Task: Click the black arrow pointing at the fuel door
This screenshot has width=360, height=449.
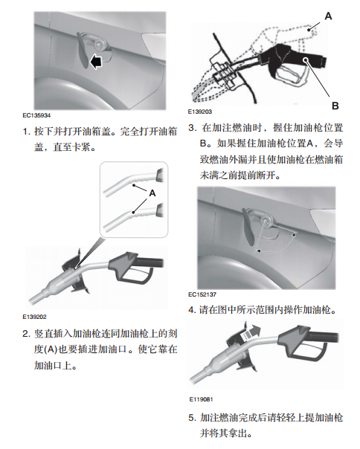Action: pos(96,62)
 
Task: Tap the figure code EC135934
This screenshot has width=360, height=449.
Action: pos(36,115)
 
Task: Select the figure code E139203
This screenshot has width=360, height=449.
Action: pos(200,112)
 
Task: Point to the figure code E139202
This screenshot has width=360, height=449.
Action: pos(34,317)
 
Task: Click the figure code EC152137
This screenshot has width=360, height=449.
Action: pos(202,294)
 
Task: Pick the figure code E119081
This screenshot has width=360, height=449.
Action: pos(201,399)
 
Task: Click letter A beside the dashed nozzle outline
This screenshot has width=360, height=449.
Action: pos(328,16)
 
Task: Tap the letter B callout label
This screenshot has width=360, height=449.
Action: pos(335,106)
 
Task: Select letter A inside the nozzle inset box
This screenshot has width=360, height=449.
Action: pos(152,193)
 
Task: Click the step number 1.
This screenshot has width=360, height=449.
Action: pos(26,132)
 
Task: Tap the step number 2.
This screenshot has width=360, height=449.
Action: pos(26,334)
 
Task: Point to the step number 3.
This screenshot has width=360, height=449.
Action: pos(192,128)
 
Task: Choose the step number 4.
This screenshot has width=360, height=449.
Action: pos(192,310)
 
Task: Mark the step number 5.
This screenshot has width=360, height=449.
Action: pos(192,418)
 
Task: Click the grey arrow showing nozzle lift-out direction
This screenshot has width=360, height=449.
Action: pos(251,332)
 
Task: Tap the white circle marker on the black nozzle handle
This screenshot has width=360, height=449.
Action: pos(306,59)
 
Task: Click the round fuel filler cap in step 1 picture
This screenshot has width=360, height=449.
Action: pos(100,45)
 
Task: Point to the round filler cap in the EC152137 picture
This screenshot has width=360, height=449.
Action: pos(266,221)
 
